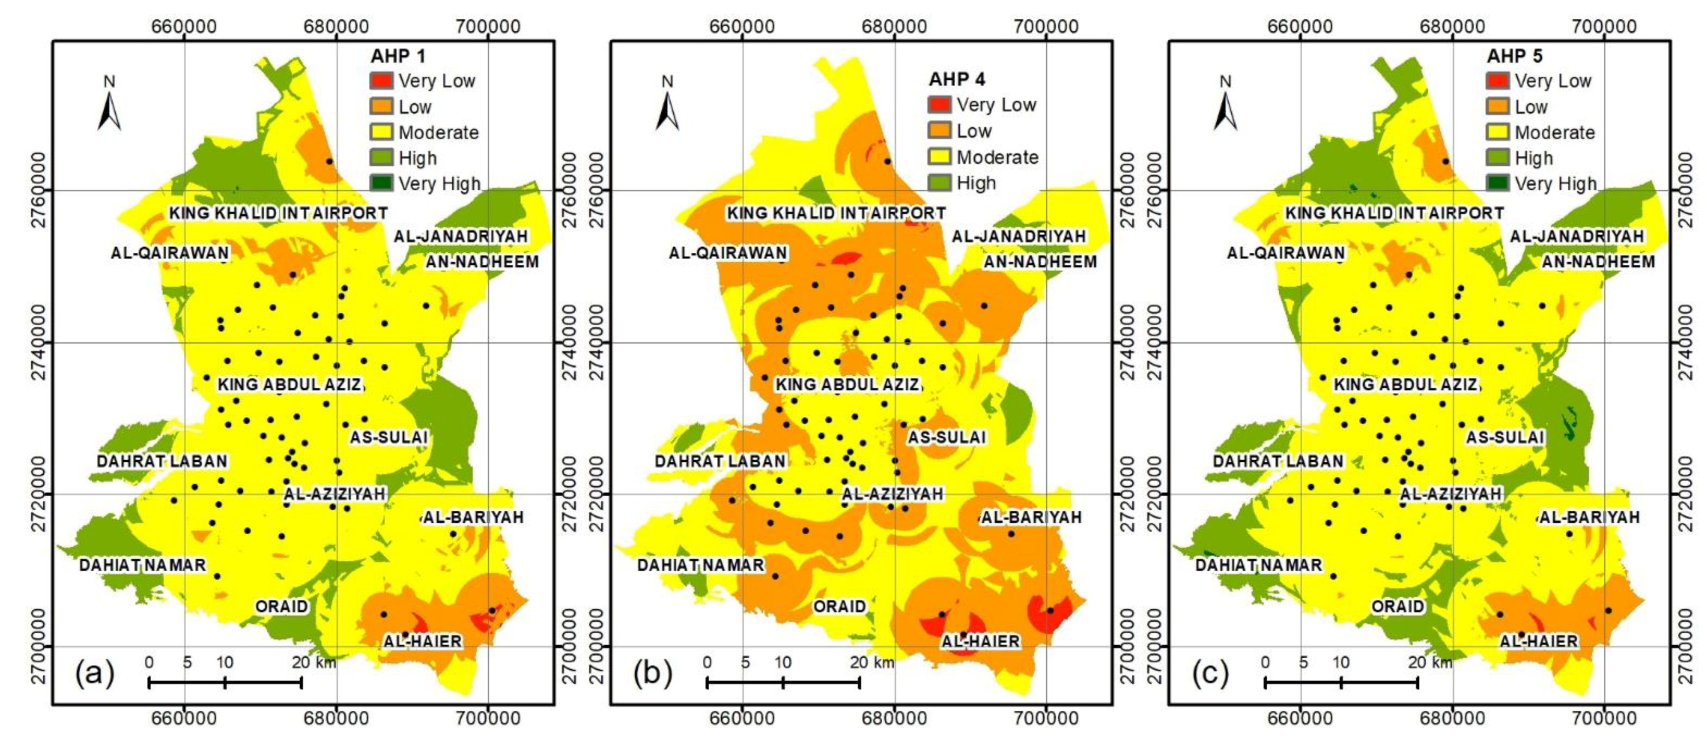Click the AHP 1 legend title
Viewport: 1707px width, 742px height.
point(398,56)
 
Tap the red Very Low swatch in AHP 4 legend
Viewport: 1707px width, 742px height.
point(940,105)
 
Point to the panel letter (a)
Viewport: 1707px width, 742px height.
point(95,673)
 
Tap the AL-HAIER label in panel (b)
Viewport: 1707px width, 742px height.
point(980,641)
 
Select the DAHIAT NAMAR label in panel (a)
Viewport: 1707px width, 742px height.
point(142,565)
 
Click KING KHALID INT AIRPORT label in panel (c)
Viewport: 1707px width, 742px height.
point(1394,214)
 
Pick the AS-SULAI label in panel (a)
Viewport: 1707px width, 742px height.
point(389,437)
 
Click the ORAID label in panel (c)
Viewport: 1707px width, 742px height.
point(1398,606)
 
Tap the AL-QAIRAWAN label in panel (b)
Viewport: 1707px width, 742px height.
point(727,253)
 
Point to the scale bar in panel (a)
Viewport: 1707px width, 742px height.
point(226,682)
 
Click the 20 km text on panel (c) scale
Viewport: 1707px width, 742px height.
point(1430,662)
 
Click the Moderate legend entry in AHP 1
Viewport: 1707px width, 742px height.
point(438,133)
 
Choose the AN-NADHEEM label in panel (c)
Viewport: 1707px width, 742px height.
point(1598,262)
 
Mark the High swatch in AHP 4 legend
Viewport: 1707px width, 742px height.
point(940,182)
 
